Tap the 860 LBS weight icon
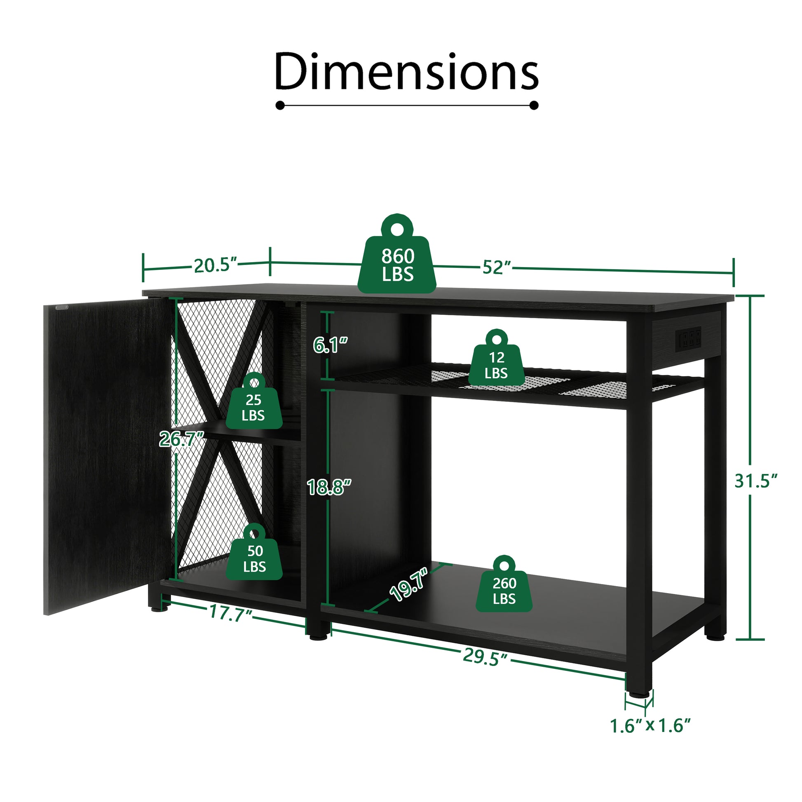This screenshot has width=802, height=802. click(x=397, y=262)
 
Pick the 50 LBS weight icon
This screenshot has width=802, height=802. click(x=254, y=557)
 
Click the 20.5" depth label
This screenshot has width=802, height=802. click(x=215, y=266)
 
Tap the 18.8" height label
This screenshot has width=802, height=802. click(x=329, y=488)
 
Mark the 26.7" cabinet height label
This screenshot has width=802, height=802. click(x=181, y=439)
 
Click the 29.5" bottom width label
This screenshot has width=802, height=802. click(x=485, y=657)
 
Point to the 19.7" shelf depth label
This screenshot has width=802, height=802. click(x=408, y=585)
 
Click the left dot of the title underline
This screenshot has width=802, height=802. click(x=280, y=106)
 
